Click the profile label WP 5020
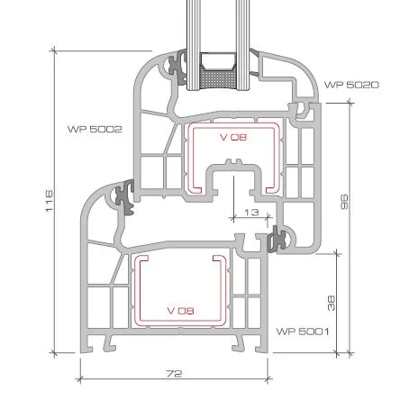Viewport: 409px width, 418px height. click(351, 85)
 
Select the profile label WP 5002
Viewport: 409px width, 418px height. click(95, 130)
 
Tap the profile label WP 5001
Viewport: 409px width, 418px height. click(303, 332)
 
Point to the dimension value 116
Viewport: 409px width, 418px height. click(50, 201)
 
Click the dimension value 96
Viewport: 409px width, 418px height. click(344, 202)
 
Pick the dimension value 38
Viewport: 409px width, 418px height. click(331, 304)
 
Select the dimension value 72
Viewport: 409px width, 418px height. click(174, 374)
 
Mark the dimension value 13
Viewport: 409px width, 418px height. click(251, 213)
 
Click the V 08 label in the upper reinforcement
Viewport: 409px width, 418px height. click(233, 137)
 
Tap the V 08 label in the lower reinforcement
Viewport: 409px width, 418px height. click(180, 311)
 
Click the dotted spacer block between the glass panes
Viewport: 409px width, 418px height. click(218, 80)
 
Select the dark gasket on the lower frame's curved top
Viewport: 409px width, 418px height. click(125, 197)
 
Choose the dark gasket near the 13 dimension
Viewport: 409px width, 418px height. click(277, 239)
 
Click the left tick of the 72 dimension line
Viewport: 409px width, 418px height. click(79, 379)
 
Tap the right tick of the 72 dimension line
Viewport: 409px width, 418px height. click(268, 379)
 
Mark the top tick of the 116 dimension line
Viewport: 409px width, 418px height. click(54, 50)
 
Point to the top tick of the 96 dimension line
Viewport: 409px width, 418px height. click(350, 103)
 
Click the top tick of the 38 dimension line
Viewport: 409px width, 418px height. click(337, 254)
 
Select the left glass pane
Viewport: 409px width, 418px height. click(193, 45)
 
